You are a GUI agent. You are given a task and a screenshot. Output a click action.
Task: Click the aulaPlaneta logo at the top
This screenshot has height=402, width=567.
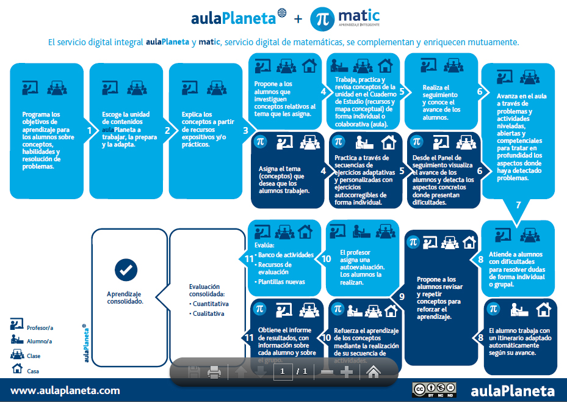pyautogui.click(x=239, y=18)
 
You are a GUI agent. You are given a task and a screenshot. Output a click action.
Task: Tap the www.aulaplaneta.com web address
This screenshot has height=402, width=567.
pyautogui.click(x=65, y=390)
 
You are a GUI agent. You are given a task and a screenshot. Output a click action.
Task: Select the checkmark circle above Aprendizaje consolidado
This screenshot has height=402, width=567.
pyautogui.click(x=126, y=269)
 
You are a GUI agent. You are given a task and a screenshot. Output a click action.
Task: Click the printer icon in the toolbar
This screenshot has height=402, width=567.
pyautogui.click(x=214, y=371)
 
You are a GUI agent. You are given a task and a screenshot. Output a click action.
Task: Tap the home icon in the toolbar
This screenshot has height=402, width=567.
pyautogui.click(x=374, y=371)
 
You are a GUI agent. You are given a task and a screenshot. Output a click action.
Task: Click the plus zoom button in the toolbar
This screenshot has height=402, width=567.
pyautogui.click(x=347, y=371)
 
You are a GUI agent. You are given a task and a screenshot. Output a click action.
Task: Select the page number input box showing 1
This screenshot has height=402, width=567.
pyautogui.click(x=283, y=371)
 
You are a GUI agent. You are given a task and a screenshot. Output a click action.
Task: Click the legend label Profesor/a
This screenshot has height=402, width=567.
pyautogui.click(x=39, y=328)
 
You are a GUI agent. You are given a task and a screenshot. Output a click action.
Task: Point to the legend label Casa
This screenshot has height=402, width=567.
pyautogui.click(x=33, y=371)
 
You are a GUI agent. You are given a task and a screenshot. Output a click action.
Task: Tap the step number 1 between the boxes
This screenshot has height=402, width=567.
pyautogui.click(x=89, y=130)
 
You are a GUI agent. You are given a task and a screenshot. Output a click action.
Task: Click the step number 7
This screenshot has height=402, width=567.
pyautogui.click(x=518, y=205)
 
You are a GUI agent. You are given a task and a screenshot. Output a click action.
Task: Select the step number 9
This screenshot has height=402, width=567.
pyautogui.click(x=402, y=296)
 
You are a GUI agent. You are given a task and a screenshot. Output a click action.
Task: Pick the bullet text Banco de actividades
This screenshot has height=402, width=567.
pyautogui.click(x=286, y=255)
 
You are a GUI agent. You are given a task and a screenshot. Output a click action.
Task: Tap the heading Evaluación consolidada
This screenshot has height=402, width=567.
pyautogui.click(x=204, y=290)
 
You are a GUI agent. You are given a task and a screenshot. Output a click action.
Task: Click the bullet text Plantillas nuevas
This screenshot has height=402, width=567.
pyautogui.click(x=281, y=282)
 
